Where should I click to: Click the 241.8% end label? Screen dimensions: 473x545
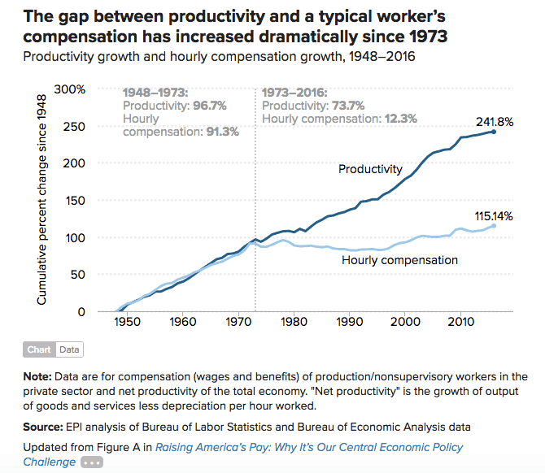[x=495, y=122]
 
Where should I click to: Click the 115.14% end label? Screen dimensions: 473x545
[x=495, y=215]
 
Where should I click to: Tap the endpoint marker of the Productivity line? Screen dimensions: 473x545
[x=494, y=132]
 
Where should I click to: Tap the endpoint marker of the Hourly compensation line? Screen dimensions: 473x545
[x=494, y=226]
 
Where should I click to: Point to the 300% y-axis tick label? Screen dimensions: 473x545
[x=69, y=89]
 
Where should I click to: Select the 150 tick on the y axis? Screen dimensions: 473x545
[x=75, y=200]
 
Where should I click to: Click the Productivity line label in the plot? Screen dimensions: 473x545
[x=370, y=169]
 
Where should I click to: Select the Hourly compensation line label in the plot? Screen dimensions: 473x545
[x=399, y=260]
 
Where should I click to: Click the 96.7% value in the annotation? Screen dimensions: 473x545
[x=209, y=106]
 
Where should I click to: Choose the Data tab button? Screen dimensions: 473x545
[x=69, y=349]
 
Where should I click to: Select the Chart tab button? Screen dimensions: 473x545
[x=40, y=349]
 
